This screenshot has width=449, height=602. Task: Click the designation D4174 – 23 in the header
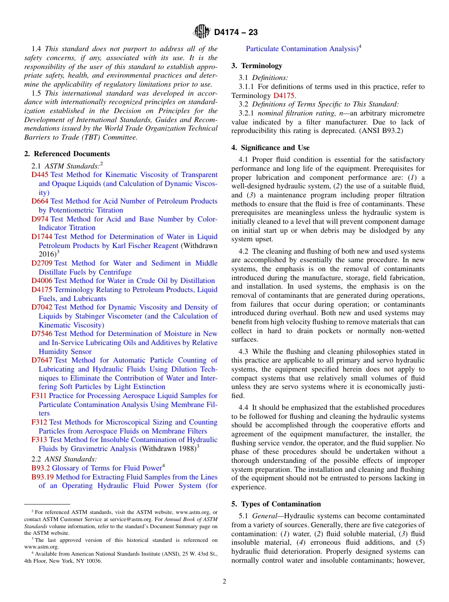tap(236, 33)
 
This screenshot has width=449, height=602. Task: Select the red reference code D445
tap(40, 175)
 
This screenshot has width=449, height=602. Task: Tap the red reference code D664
tap(40, 201)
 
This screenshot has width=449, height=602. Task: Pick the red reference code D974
tap(40, 219)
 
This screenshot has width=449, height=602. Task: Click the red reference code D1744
tap(42, 237)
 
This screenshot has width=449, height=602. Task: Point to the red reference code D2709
tap(42, 263)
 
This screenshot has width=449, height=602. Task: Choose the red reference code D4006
tap(42, 281)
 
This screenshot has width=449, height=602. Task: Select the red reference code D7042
tap(42, 307)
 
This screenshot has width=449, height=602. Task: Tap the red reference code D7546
tap(42, 334)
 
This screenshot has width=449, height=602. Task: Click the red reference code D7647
tap(42, 360)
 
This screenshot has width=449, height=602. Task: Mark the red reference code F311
tap(39, 396)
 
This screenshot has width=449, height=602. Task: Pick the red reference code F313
tap(39, 440)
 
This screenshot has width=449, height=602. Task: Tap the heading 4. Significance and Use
tap(270, 148)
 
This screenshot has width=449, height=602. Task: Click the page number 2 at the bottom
tap(224, 582)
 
